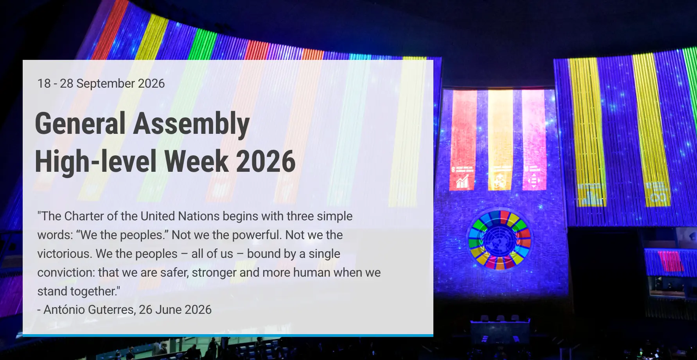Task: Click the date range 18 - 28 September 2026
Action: [x=101, y=83]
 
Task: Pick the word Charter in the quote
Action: [x=84, y=216]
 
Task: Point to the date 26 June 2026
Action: [x=175, y=310]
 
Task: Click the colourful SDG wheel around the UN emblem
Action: [x=499, y=240]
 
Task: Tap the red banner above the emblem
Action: [x=463, y=140]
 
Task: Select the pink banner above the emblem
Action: [x=534, y=140]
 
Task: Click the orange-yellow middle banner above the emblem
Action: [x=500, y=140]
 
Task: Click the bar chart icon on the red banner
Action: [x=462, y=181]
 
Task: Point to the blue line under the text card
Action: [x=228, y=335]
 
